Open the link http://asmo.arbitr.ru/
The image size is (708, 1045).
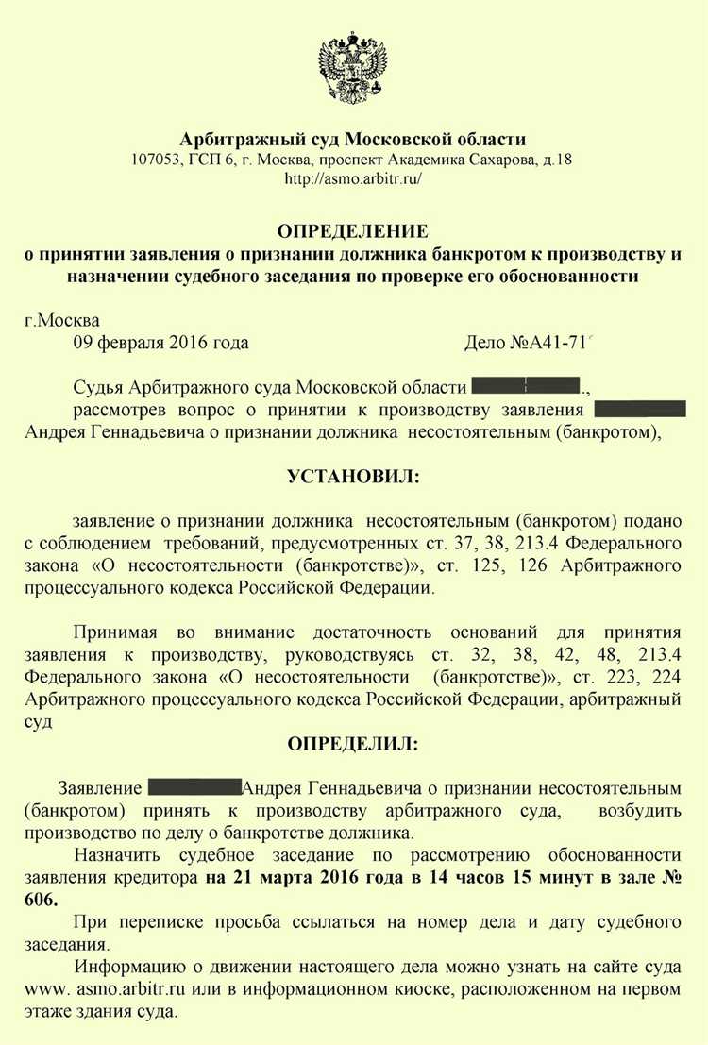pos(352,178)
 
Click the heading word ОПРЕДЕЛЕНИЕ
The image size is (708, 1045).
pos(352,231)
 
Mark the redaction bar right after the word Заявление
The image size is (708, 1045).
pos(194,786)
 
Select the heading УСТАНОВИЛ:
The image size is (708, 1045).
pos(352,478)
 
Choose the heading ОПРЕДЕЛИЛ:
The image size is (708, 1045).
pos(352,743)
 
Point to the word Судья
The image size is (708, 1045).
pos(96,387)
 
